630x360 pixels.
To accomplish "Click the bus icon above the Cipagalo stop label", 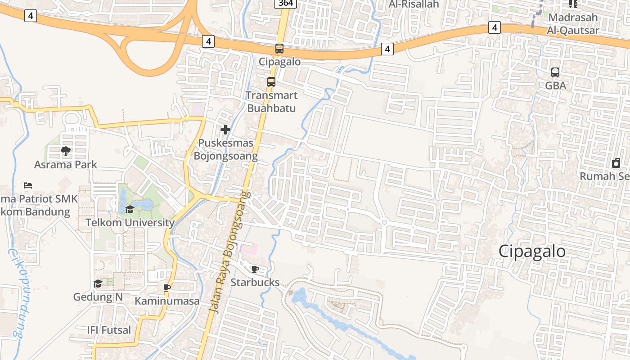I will point(279,48).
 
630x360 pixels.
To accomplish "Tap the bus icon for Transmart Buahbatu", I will point(271,82).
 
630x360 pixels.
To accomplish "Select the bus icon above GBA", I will point(555,72).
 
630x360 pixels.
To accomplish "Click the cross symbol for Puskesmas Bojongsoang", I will point(225,130).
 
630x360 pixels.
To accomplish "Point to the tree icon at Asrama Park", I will point(66,151).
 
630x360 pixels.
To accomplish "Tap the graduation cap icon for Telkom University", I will point(130,209).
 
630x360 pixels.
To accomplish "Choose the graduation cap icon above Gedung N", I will point(98,283).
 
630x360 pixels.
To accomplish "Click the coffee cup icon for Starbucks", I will point(255,269).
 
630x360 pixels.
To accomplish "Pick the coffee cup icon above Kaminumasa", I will point(167,288).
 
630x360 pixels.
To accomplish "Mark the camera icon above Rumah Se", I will point(616,163).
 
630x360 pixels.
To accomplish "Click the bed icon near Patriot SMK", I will point(28,185).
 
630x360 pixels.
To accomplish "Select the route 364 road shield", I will point(285,4).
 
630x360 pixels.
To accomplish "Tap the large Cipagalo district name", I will point(532,251).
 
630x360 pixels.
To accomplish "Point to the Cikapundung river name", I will point(15,292).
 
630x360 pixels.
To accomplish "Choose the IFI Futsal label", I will point(109,330).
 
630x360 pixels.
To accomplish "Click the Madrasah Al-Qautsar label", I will point(573,24).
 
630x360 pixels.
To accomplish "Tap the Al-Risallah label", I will point(414,4).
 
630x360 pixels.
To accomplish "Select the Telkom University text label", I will point(130,223).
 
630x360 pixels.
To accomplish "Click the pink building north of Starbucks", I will point(248,249).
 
